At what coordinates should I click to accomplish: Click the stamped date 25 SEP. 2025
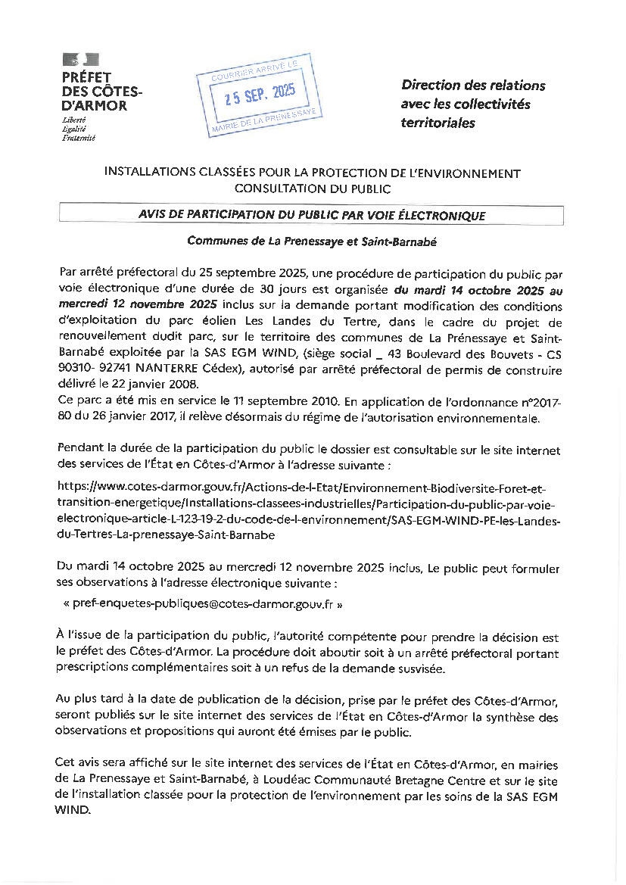pos(256,95)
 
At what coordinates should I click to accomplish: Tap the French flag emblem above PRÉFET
pos(80,59)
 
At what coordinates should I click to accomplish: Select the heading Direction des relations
pos(473,86)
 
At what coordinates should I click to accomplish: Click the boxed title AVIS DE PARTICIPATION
pos(311,216)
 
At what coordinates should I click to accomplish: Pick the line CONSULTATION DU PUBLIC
pos(312,188)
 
